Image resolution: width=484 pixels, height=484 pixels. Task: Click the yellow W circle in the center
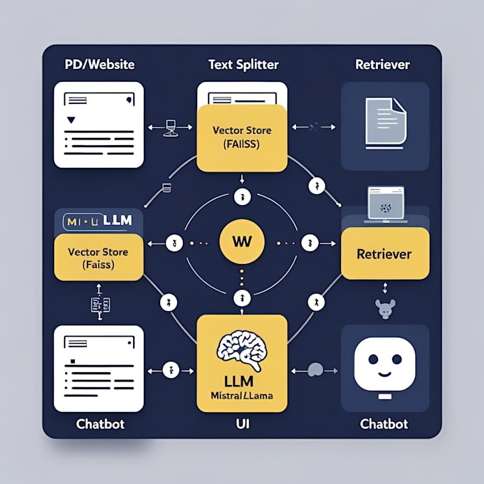[241, 241]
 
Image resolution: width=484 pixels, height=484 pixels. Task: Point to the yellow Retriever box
[384, 253]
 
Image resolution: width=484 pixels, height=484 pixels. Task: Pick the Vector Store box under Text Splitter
[241, 137]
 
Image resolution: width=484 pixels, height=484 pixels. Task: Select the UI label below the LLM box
[241, 423]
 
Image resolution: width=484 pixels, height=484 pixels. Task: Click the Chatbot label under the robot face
[384, 423]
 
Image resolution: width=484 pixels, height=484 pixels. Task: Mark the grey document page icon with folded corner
[385, 124]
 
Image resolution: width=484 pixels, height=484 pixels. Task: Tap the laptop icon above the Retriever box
[385, 205]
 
